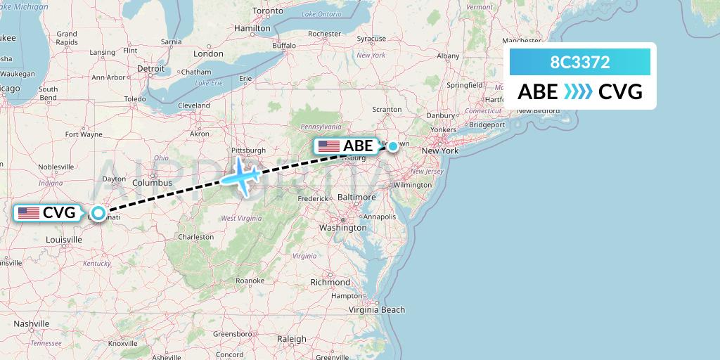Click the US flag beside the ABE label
328,146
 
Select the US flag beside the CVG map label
29,212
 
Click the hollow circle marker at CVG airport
98,212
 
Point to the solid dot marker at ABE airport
393,146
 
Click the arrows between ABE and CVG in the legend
578,92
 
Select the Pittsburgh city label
249,150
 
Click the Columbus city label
152,183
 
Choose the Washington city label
342,227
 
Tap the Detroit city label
150,69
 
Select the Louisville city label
63,240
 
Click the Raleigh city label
291,339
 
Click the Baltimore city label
356,198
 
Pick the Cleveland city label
194,105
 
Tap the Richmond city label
330,282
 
